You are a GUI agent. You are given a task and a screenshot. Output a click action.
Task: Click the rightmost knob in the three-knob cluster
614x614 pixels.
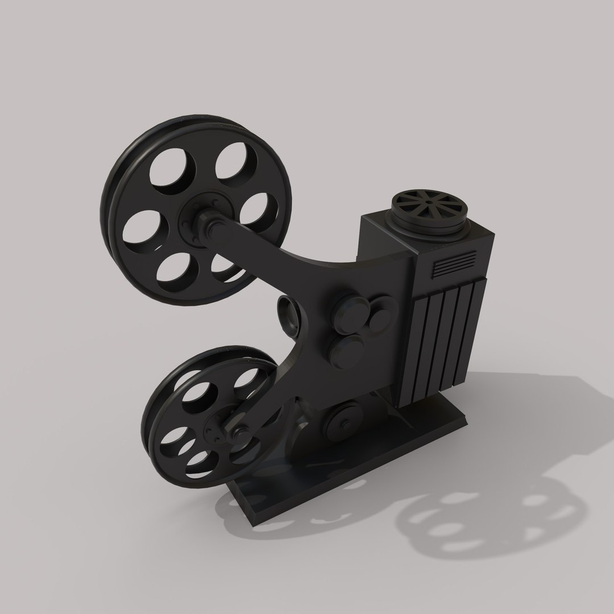[378, 321]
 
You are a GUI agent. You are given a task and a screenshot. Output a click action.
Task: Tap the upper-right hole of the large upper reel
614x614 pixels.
[234, 163]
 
